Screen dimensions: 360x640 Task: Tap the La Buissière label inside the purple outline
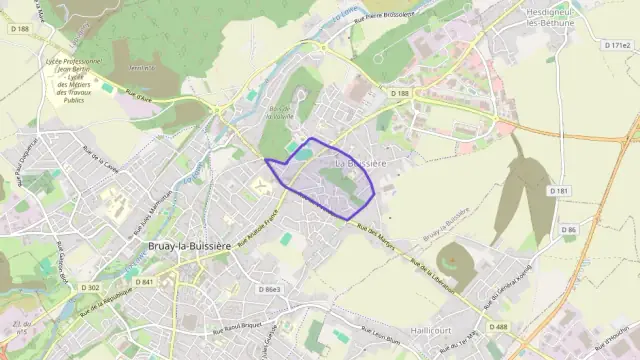360,163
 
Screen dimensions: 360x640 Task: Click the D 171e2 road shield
618,46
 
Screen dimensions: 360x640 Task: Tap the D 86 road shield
569,230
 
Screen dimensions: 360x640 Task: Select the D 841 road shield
144,282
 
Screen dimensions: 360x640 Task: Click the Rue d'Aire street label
138,97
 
